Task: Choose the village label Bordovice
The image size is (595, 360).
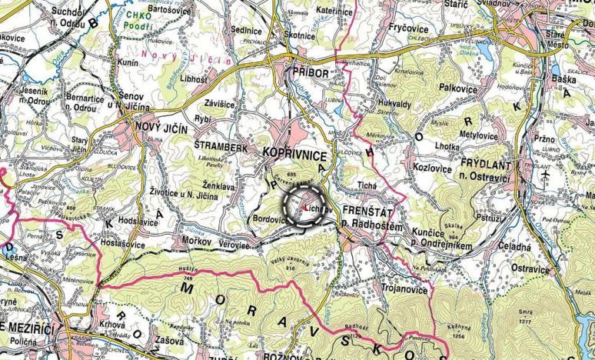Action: tap(268, 219)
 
